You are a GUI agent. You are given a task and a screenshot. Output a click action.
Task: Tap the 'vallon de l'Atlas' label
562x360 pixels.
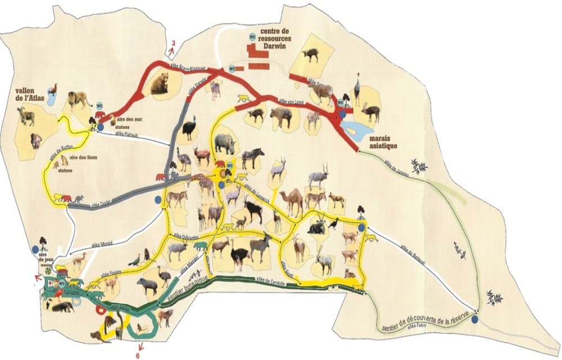click(x=29, y=96)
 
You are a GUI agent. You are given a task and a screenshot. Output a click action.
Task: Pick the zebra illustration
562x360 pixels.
click(x=253, y=157)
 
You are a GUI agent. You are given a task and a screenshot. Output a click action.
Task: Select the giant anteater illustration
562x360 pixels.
click(x=66, y=307)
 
